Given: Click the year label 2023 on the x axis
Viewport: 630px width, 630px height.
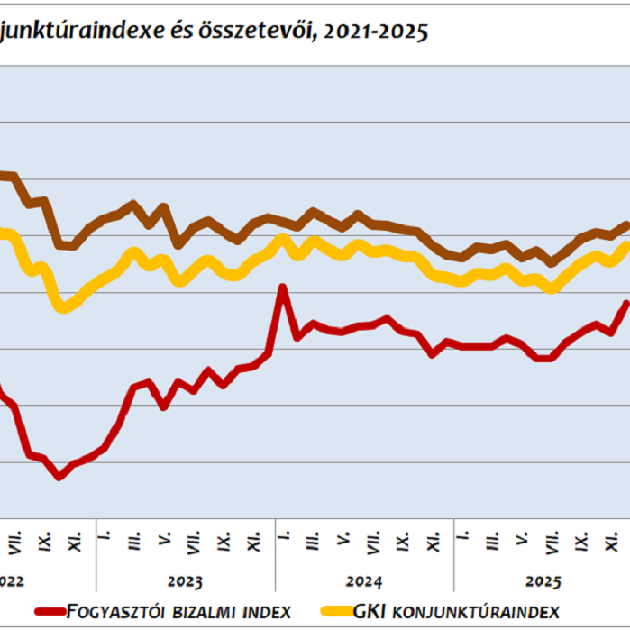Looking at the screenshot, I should click(x=185, y=581).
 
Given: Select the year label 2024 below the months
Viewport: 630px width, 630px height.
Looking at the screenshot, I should click(x=364, y=581).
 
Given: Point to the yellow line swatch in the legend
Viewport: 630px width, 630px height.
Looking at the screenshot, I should click(x=334, y=613).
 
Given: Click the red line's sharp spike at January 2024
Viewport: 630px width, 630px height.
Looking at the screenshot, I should click(x=283, y=288).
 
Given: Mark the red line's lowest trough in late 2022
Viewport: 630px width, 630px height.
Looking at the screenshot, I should click(x=60, y=476).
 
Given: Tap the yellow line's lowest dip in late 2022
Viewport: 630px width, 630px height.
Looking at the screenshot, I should click(x=62, y=308).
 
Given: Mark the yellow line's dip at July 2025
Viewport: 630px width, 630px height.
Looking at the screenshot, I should click(x=552, y=288).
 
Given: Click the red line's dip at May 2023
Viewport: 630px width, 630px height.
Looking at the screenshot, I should click(x=163, y=406).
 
